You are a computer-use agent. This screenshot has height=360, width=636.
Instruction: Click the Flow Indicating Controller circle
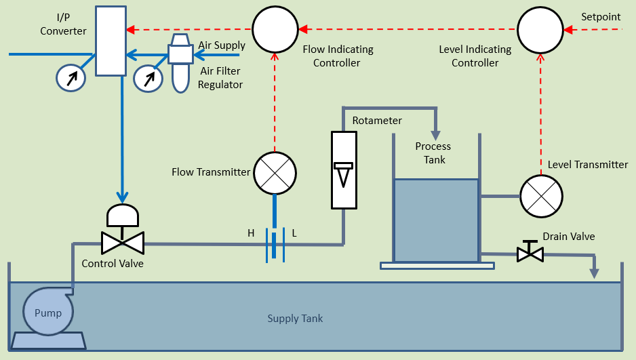point(275,31)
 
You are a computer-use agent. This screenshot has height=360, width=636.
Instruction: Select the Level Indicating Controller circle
point(540,31)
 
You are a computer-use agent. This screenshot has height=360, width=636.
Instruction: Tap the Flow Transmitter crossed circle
point(275,173)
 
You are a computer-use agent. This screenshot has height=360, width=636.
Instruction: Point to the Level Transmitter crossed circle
point(542,196)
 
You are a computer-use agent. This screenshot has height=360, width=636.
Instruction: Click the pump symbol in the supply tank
point(48,313)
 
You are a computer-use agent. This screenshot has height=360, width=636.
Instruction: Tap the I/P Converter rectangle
point(111,40)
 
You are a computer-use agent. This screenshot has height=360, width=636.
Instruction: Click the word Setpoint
point(601,17)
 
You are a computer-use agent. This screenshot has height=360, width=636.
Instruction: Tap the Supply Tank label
point(295,319)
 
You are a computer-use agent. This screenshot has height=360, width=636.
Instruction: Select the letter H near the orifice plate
point(251,233)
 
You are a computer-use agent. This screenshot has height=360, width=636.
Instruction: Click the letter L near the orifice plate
point(294,233)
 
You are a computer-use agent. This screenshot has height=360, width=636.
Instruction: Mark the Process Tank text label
point(433,153)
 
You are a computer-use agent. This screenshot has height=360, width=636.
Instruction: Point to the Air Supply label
point(221,45)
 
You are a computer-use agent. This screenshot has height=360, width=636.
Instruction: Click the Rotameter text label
point(377,121)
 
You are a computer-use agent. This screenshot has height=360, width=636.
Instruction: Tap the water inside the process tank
point(436,220)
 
